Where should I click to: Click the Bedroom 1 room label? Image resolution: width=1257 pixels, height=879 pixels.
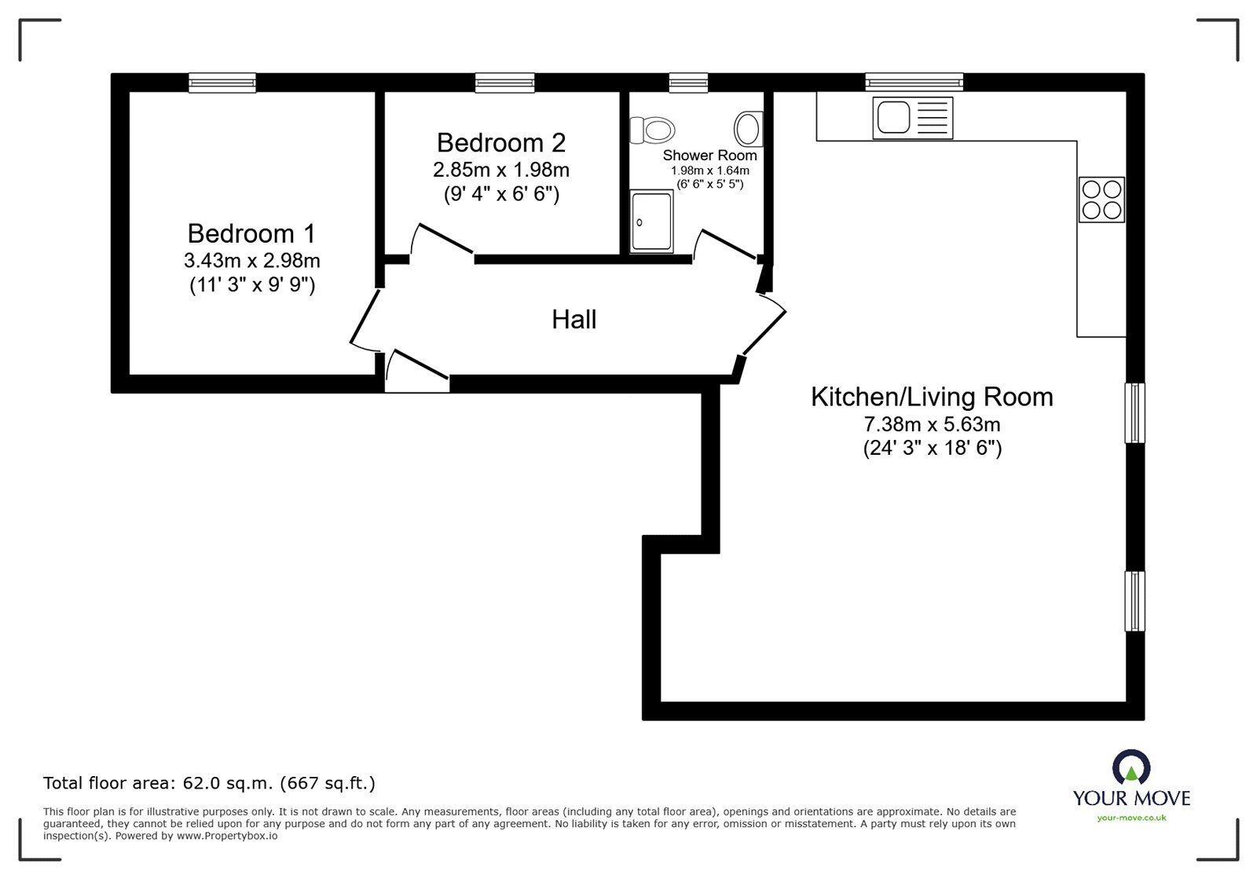251,233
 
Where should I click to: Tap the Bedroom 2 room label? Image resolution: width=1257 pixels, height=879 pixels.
500,143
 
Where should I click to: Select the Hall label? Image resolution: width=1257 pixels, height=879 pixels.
574,320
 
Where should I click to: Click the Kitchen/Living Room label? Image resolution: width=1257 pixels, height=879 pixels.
932,397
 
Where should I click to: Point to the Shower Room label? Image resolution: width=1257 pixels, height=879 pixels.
709,156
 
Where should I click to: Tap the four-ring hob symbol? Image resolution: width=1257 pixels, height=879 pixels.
1101,200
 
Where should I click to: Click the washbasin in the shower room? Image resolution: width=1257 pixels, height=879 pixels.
748,128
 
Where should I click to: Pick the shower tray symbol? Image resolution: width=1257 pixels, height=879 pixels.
652,222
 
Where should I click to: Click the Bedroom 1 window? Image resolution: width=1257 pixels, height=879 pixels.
222,82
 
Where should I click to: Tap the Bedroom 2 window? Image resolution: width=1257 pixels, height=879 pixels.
504,82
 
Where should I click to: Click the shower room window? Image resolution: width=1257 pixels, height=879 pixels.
688,82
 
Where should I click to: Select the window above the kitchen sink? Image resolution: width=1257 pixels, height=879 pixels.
914,82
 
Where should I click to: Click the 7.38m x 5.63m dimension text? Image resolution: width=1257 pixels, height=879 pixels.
932,425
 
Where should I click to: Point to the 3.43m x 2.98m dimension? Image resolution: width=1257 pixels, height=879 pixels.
251,260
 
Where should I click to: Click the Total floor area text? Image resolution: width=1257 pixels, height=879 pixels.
209,783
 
